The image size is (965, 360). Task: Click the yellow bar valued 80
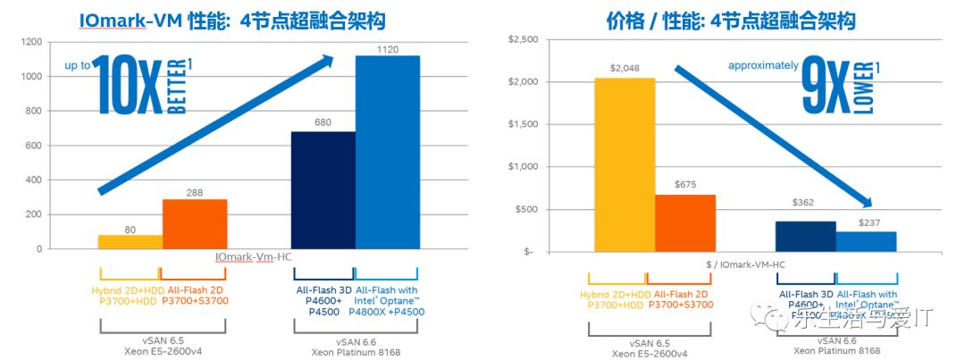[x=130, y=241]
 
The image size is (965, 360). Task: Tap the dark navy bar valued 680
[x=323, y=189]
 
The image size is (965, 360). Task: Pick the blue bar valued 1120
[x=387, y=152]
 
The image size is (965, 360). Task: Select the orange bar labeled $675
[x=685, y=222]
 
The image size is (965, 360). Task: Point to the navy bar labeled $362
[x=805, y=236]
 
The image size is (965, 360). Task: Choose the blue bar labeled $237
[x=866, y=241]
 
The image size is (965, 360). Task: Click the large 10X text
[x=126, y=86]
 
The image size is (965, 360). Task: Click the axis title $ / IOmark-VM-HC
[x=744, y=264]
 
